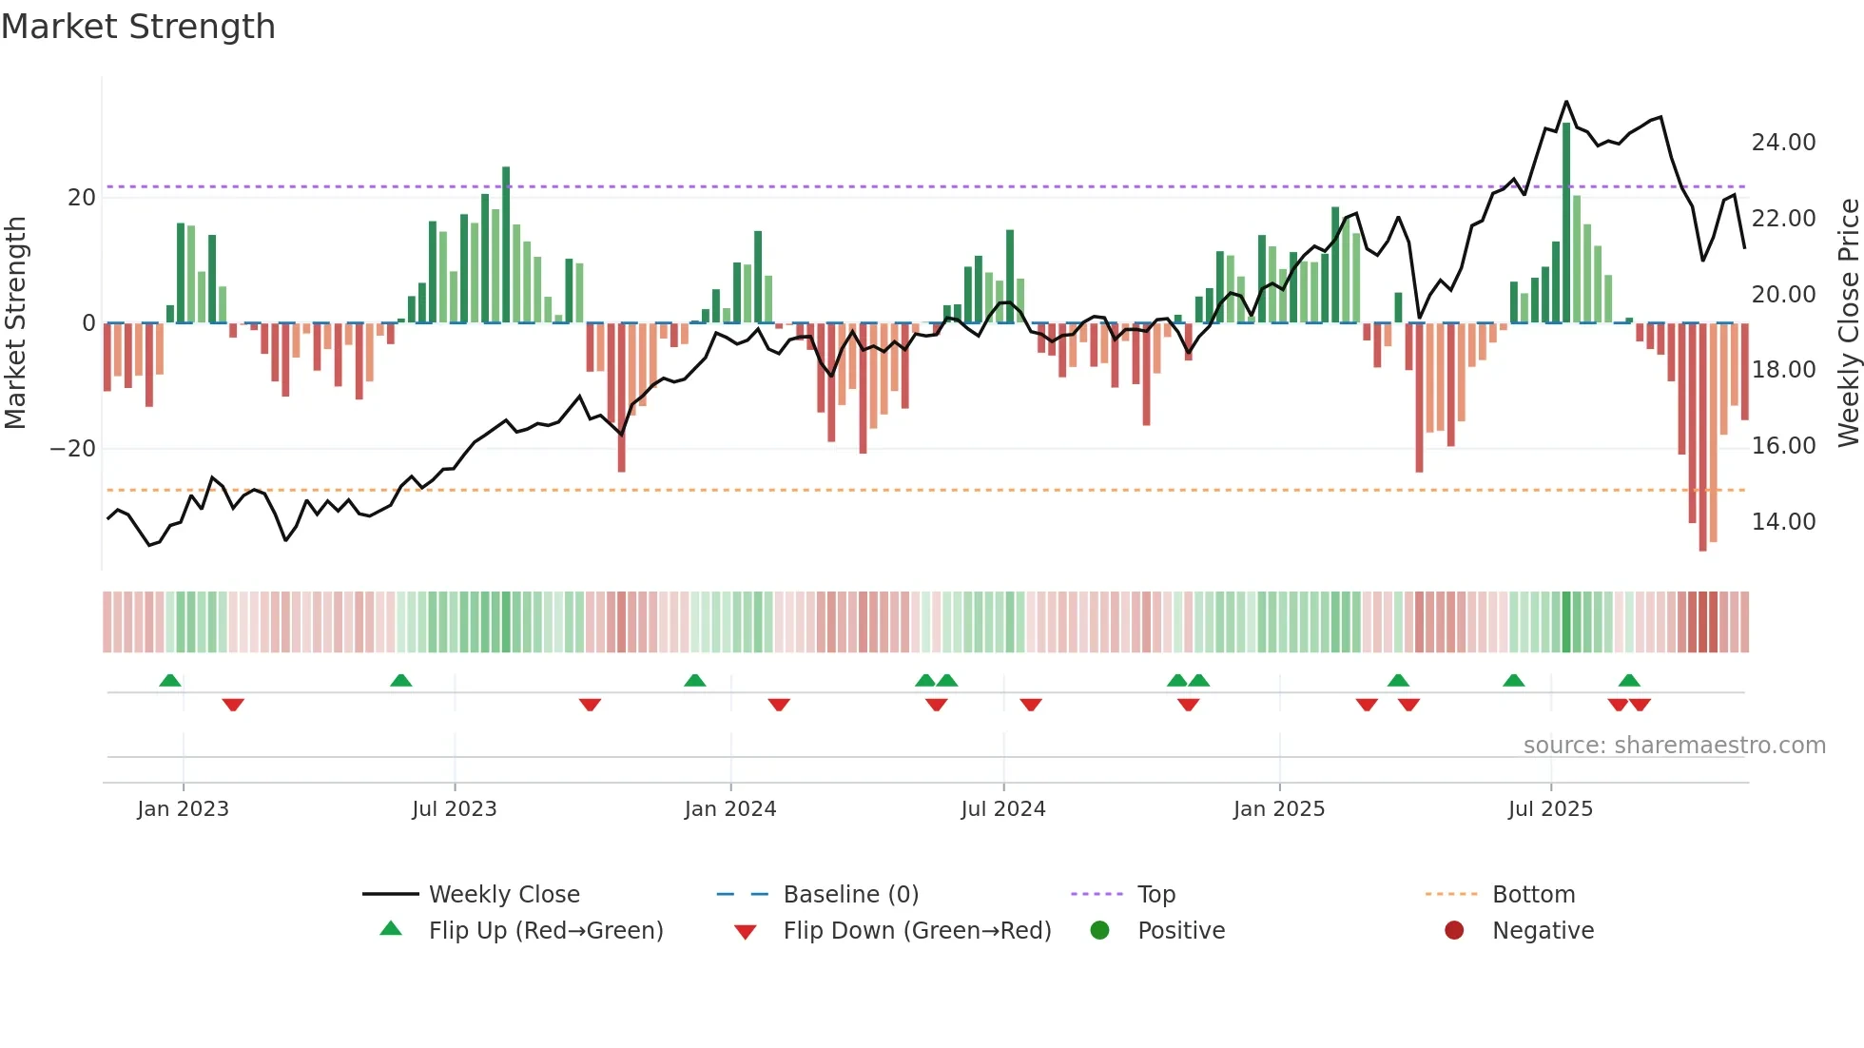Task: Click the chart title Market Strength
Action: (138, 27)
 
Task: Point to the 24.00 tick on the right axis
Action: (1783, 143)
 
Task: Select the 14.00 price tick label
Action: (1783, 522)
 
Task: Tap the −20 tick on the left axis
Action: (73, 449)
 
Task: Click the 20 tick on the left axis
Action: (82, 198)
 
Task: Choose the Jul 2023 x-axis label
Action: (454, 809)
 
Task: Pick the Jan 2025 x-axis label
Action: (1278, 809)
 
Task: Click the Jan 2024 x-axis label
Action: (729, 809)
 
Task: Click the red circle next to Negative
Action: (1454, 931)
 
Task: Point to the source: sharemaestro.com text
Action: (1674, 746)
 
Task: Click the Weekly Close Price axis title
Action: (1848, 323)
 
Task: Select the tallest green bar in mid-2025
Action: (1566, 223)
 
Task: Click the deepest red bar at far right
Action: (1702, 437)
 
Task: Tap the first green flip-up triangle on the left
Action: (170, 680)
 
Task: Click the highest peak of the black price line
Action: (1566, 102)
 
